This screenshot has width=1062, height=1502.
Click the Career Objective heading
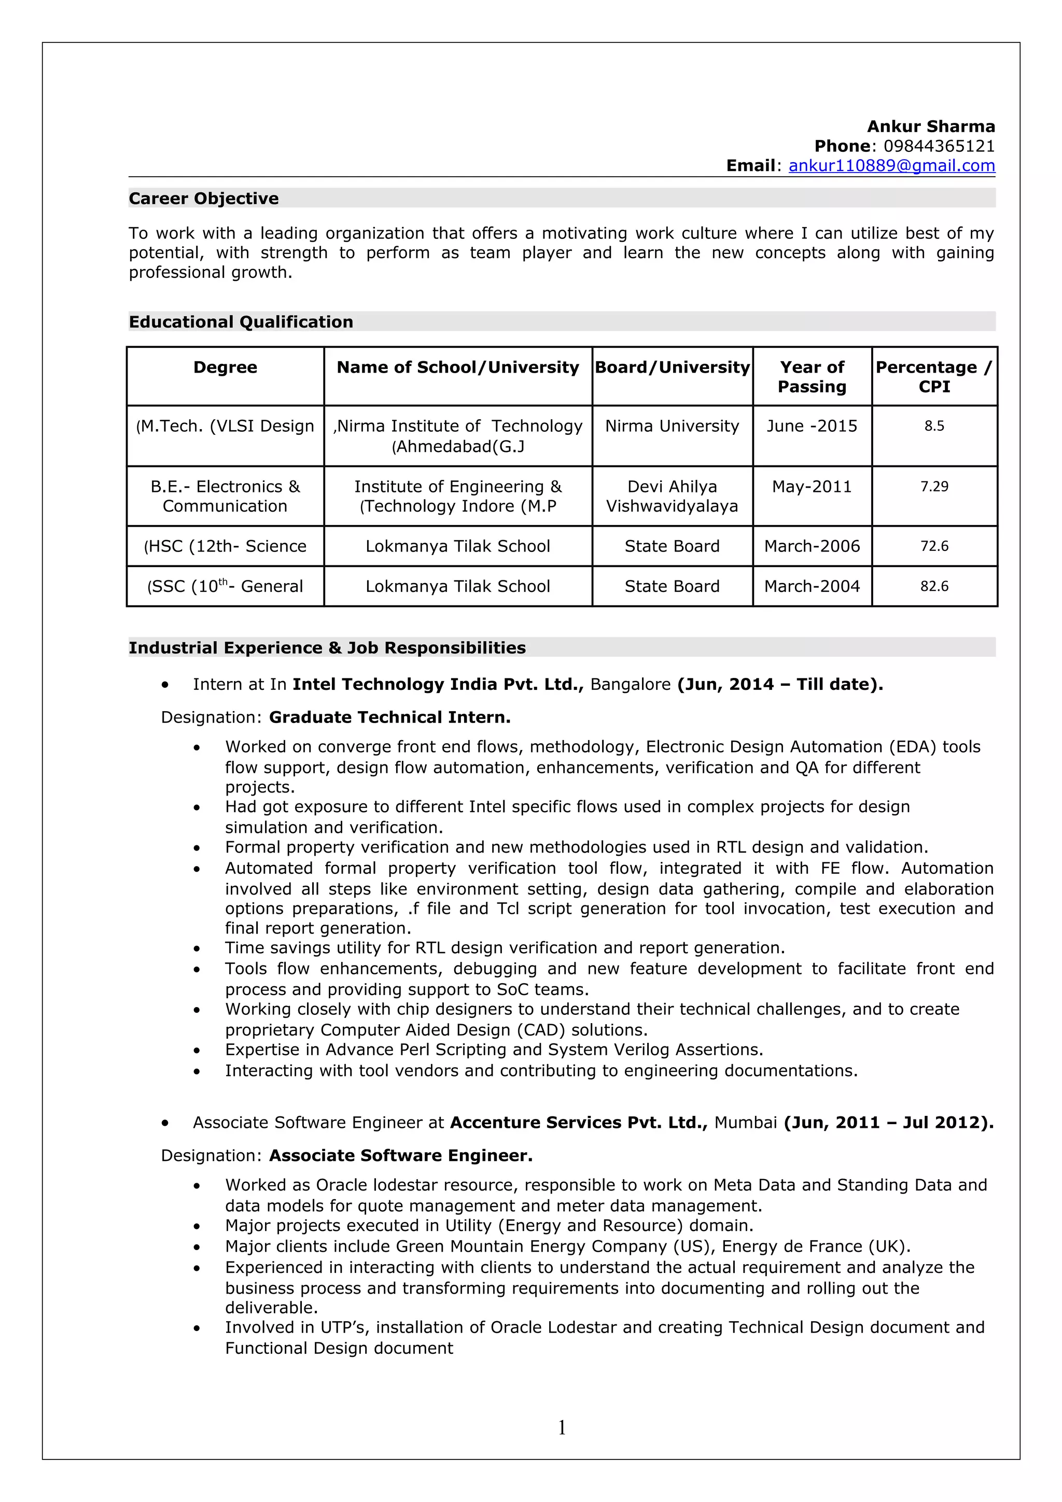203,198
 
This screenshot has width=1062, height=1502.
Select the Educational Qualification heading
241,322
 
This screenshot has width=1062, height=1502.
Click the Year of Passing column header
812,377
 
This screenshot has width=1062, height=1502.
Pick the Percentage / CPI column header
934,377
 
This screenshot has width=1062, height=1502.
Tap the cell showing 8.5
934,426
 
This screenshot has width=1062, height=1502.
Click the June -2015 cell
812,426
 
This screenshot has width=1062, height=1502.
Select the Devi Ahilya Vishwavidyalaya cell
672,496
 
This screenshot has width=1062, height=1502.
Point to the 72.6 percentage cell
934,546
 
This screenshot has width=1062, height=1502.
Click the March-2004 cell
812,586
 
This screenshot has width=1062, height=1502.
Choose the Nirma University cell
672,426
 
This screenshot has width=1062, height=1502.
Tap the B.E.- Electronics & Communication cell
225,496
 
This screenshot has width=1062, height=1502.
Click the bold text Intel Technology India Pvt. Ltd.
437,684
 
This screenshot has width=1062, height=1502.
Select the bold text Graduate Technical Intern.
389,718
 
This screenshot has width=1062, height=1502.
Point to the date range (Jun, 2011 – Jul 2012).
888,1123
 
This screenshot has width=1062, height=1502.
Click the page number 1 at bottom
562,1427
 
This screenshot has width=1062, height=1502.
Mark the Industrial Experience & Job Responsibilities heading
327,648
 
